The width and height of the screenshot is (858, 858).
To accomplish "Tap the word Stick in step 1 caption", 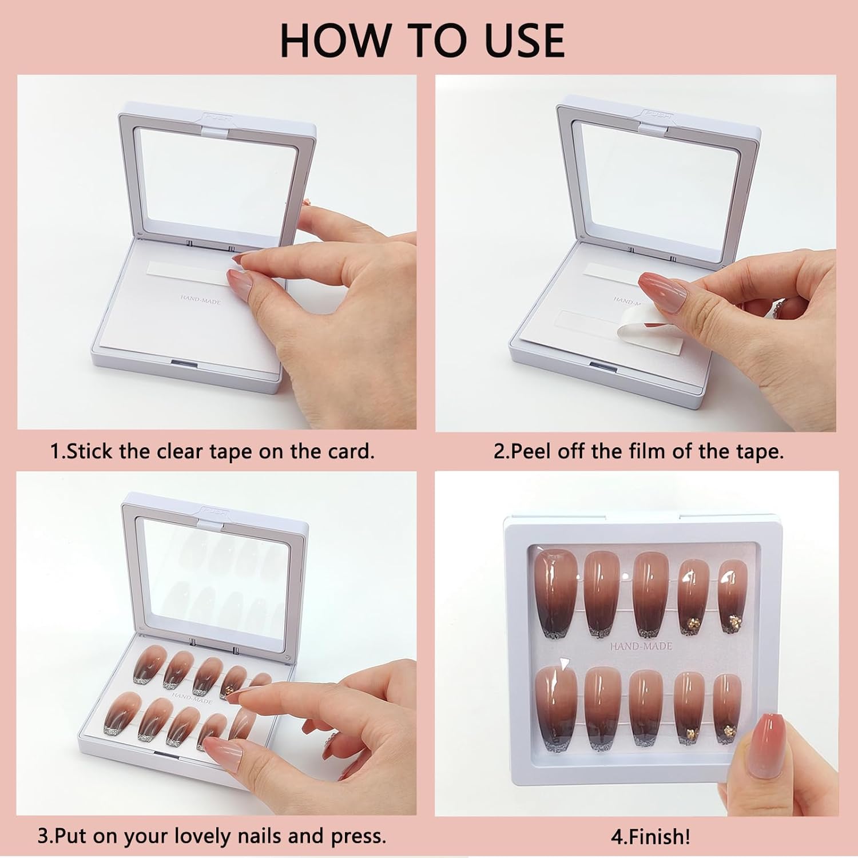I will point(90,451).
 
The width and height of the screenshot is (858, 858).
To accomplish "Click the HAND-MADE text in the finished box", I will point(641,646).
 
